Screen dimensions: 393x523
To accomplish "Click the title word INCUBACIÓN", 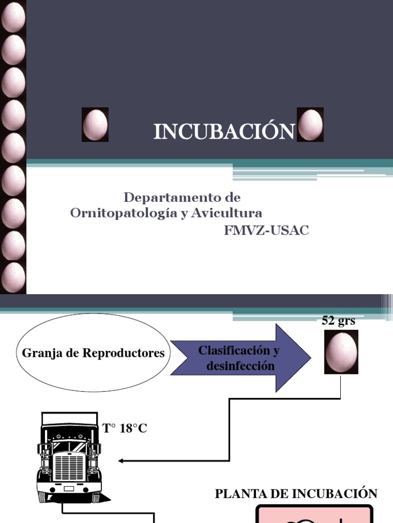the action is pos(224,132).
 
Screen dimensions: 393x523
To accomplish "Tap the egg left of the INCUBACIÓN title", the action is pos(95,125).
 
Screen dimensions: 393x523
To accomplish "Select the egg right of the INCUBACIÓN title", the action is pos(310,125).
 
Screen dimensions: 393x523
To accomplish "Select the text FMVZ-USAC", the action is pos(266,230).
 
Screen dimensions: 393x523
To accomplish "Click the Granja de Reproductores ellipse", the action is pos(93,352).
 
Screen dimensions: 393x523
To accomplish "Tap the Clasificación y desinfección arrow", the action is pos(239,358).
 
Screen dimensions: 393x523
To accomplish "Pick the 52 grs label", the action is pos(338,321).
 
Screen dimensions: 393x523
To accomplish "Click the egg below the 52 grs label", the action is pos(341,352).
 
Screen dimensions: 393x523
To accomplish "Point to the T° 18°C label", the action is pos(125,429).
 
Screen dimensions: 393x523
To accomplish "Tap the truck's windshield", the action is pos(69,446).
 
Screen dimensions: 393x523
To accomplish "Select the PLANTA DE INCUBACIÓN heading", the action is pos(296,493).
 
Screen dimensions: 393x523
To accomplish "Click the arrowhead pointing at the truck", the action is pos(121,461).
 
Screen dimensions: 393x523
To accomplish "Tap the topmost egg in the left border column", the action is pos(13,17).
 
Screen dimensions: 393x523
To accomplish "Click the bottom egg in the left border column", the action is pos(13,277).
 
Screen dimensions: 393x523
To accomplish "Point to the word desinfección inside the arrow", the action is pos(241,366).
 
